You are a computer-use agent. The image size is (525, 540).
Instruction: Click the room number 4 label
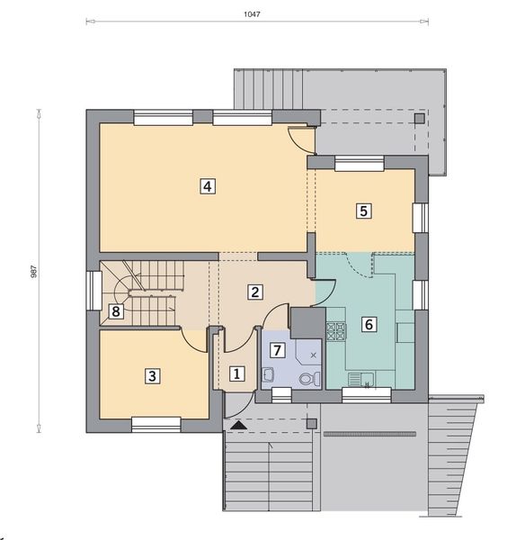(207, 186)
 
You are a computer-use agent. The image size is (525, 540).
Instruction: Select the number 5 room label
(363, 211)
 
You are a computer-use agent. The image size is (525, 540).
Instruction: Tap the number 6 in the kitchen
(369, 325)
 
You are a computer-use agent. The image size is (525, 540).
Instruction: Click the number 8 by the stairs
(115, 312)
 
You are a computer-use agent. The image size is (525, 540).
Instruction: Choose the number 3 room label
(154, 376)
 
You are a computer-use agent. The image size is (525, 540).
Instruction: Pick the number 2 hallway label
(255, 292)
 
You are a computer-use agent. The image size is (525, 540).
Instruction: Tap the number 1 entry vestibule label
(236, 373)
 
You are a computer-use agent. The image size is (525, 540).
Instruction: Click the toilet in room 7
(306, 379)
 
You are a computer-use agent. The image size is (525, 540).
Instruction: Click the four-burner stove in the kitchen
(337, 332)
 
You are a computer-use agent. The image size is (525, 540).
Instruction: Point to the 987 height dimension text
(33, 269)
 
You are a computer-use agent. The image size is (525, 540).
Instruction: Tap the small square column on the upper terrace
(418, 117)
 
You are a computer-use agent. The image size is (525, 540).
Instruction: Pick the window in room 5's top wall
(359, 162)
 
